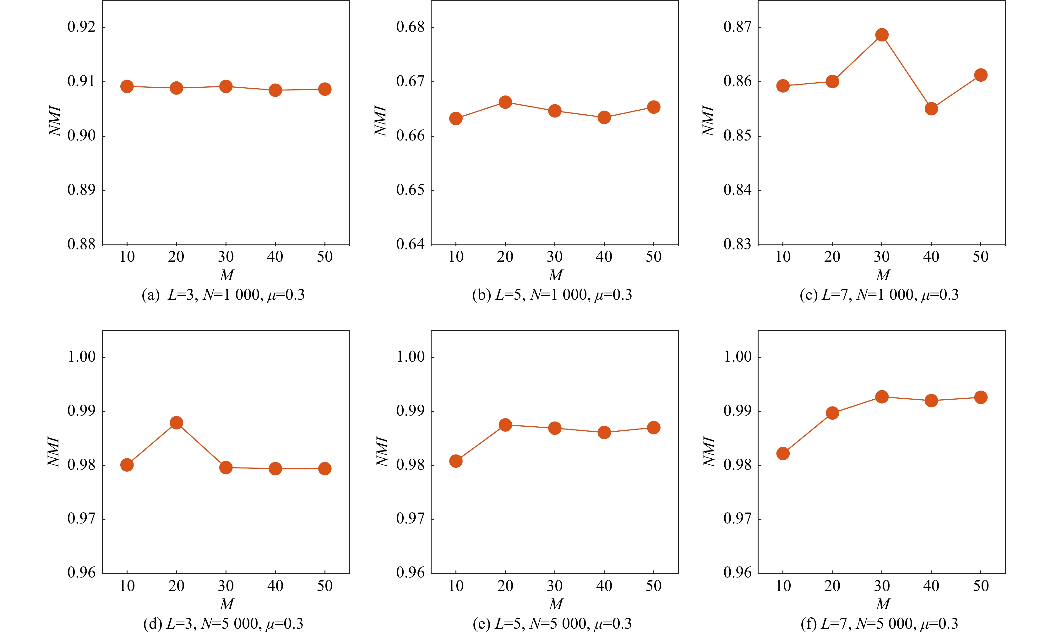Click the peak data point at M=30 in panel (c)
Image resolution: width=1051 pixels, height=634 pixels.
882,35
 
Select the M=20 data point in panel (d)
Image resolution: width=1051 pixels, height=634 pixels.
176,423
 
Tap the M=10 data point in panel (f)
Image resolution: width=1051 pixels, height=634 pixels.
783,453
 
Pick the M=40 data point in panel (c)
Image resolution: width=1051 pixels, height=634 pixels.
931,109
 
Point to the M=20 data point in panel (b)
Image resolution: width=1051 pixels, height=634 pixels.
505,102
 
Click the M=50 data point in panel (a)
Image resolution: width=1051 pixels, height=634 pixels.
324,89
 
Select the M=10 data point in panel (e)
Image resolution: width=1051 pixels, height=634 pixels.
455,461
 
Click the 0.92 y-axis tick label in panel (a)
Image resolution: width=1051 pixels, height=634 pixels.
81,27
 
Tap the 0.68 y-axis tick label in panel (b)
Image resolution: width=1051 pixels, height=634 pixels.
410,27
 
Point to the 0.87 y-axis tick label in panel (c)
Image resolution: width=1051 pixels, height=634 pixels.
737,27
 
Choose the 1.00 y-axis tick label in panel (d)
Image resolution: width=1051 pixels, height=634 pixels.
81,357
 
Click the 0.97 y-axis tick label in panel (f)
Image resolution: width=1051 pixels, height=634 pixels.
737,519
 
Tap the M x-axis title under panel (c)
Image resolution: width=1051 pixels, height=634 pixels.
883,275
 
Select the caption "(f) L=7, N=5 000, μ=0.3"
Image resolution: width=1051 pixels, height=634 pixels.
879,624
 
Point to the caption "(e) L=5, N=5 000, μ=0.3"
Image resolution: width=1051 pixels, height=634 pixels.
552,624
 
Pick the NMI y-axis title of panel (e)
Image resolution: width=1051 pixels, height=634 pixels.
383,451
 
